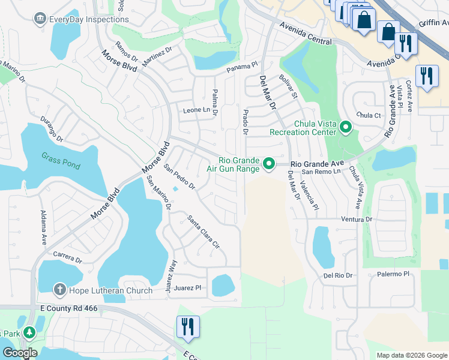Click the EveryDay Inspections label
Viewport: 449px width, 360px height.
89,19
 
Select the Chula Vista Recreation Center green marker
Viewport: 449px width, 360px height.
346,127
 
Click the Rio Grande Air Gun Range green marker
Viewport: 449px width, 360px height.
270,163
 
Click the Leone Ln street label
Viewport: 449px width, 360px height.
197,110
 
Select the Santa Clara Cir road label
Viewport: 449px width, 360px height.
203,232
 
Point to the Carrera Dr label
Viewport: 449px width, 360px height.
67,258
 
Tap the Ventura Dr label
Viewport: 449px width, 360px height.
356,220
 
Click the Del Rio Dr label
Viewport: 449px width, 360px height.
337,275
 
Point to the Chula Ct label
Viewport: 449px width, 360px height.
369,115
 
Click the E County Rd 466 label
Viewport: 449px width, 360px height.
68,308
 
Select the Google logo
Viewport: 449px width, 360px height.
20,353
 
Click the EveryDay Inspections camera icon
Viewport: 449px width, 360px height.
40,19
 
